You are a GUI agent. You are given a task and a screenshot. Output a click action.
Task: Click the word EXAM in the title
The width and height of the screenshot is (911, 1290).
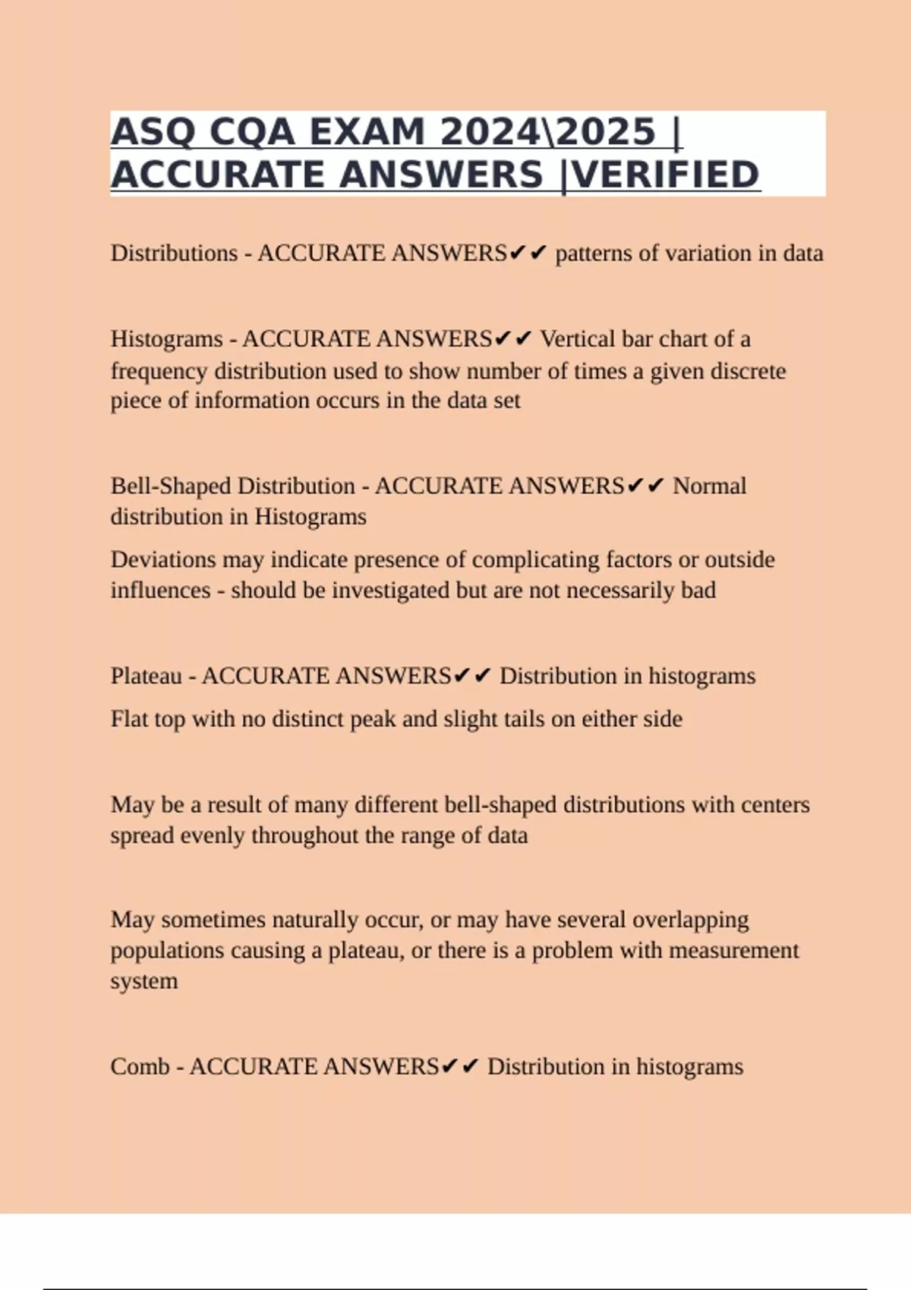coord(367,133)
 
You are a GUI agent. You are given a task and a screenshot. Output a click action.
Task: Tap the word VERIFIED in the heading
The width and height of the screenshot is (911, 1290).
coord(665,175)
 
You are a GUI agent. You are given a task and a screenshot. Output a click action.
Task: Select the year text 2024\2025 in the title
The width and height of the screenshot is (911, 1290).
coord(547,133)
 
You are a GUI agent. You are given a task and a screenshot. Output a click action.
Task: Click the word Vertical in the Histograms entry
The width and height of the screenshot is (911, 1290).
coord(578,339)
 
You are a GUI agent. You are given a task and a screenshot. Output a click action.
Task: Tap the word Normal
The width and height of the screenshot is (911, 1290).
coord(710,486)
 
